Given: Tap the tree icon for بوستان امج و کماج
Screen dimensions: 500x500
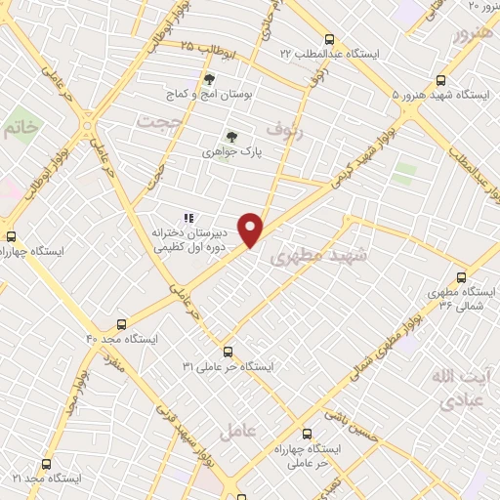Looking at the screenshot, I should click(x=208, y=79).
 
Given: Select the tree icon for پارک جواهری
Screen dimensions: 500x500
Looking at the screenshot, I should click(x=231, y=137).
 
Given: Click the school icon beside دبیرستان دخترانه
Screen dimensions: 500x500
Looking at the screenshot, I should click(x=188, y=219).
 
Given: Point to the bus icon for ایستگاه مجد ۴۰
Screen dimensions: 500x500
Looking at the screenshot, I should click(x=122, y=323).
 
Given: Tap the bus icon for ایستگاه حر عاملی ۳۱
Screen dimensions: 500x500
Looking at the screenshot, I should click(x=228, y=351).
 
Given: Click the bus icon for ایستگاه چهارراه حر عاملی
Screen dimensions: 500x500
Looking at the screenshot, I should click(x=308, y=435).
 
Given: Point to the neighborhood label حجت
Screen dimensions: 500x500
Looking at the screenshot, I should click(x=152, y=122).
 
